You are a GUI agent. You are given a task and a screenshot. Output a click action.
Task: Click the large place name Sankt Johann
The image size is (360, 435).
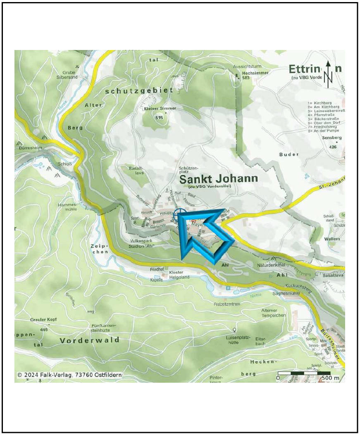219,179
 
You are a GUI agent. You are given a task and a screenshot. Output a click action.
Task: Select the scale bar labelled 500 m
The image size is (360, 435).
304,376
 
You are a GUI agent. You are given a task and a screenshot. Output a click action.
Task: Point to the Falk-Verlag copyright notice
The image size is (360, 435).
69,375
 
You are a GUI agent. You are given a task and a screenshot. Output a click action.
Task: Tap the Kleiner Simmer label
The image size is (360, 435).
160,108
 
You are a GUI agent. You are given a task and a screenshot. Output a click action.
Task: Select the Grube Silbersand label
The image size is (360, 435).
67,74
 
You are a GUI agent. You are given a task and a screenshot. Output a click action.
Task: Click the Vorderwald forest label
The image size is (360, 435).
90,340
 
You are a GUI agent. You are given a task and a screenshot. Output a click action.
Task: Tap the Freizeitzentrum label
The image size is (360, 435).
227,304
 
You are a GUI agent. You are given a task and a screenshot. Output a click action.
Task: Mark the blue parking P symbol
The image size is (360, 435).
228,288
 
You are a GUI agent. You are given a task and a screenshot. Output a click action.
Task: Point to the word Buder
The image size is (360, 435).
288,155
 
